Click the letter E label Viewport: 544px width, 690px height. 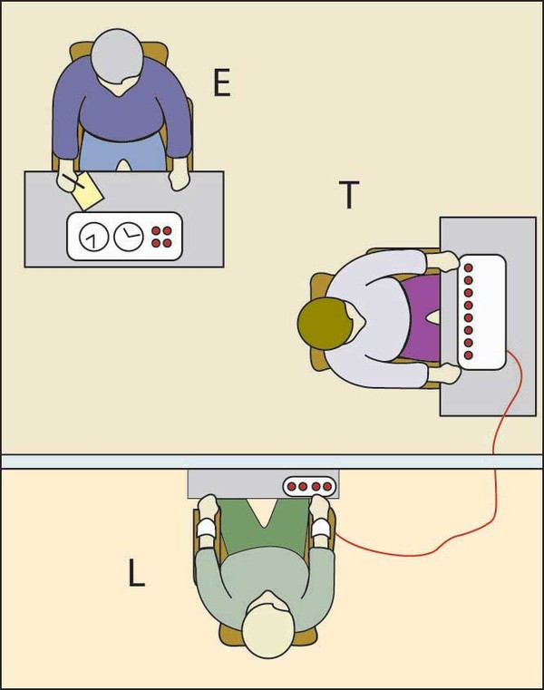pyautogui.click(x=220, y=83)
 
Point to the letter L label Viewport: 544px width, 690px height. pyautogui.click(x=136, y=575)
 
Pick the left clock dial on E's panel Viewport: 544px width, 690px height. pyautogui.click(x=92, y=238)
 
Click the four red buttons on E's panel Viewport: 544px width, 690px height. pyautogui.click(x=161, y=237)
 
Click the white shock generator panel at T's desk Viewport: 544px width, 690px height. pyautogui.click(x=481, y=311)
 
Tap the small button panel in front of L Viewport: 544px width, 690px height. pyautogui.click(x=309, y=486)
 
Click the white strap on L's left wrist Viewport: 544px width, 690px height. pyautogui.click(x=205, y=527)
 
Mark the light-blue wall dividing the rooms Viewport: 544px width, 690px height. pyautogui.click(x=272, y=462)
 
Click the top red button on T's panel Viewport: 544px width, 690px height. pyautogui.click(x=469, y=268)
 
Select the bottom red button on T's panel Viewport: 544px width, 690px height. pyautogui.click(x=469, y=355)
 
